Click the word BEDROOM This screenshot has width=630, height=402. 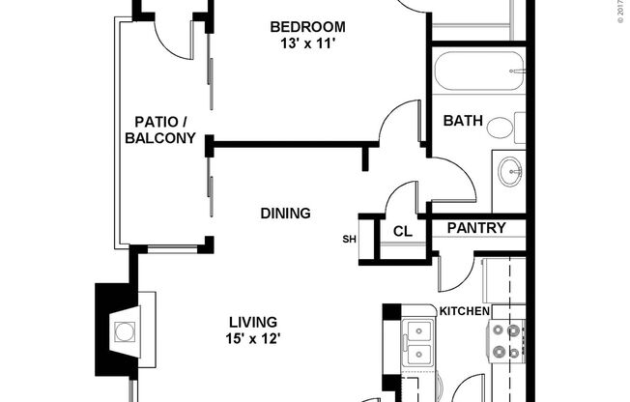click(307, 26)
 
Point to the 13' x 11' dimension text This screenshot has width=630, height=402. click(307, 43)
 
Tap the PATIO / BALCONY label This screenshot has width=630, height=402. click(160, 129)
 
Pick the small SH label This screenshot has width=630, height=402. click(348, 240)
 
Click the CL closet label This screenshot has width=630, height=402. click(402, 232)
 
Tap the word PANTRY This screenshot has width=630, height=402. click(476, 228)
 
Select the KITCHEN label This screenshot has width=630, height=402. click(465, 311)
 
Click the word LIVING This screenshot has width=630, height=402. click(253, 322)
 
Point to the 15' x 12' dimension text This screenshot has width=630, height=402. click(253, 338)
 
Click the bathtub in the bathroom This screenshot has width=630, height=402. click(478, 72)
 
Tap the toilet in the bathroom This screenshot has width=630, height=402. click(503, 128)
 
